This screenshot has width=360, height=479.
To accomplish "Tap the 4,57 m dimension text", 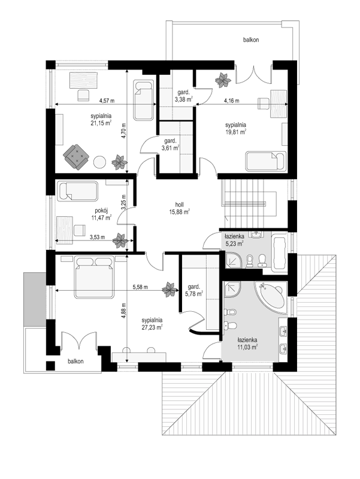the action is [x=107, y=100].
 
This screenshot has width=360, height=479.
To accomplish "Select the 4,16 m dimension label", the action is [x=232, y=100].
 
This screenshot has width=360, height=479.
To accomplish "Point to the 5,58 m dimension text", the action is [x=140, y=287].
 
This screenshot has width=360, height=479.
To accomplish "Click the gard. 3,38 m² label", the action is [x=183, y=95].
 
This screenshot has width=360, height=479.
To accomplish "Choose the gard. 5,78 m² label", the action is [x=194, y=290].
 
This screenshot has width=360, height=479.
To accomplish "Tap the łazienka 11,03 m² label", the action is [x=247, y=343].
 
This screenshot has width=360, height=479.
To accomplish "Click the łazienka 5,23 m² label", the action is [x=234, y=240].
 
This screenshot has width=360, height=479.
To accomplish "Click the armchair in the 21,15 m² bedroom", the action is [x=76, y=156].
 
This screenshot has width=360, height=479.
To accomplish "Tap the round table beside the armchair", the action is [x=99, y=162].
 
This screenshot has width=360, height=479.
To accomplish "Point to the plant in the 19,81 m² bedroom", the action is [x=223, y=80].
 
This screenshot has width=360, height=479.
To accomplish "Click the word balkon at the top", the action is [x=251, y=40].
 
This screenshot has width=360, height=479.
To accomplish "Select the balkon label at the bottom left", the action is [x=75, y=361].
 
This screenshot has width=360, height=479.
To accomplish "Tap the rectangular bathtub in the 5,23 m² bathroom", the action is [x=279, y=252].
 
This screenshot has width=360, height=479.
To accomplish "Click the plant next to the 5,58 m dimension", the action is [x=169, y=290].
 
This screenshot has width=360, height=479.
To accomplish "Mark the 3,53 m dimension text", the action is [x=97, y=237].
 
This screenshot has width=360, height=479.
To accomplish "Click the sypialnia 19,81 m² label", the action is [x=236, y=128].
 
